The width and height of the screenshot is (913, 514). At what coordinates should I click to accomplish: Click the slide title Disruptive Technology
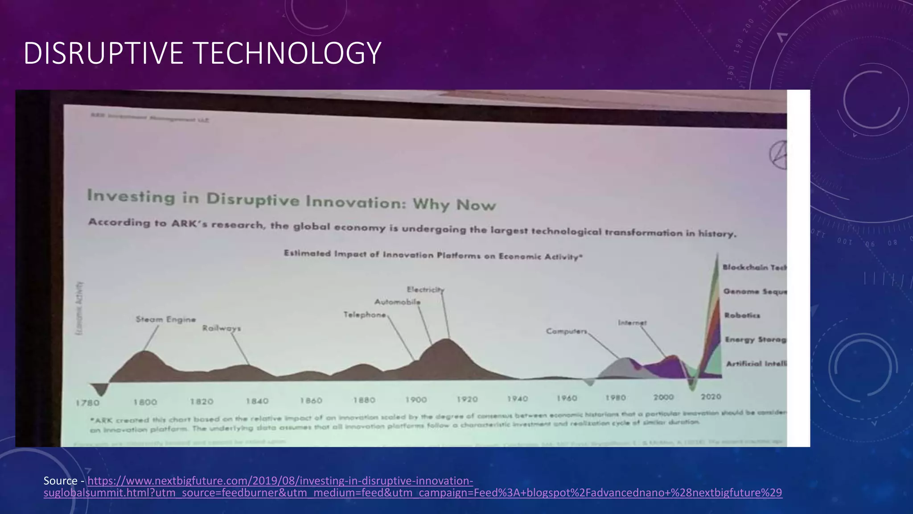[x=202, y=53]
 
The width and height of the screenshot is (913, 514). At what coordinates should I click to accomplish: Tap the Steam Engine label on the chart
[x=166, y=319]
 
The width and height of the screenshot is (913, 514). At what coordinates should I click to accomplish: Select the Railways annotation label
[x=222, y=328]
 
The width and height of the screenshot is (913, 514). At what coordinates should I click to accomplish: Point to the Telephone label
[x=365, y=315]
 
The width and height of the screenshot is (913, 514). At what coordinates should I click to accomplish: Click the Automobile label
[x=397, y=302]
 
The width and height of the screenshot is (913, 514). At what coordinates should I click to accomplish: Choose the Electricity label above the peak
[x=425, y=290]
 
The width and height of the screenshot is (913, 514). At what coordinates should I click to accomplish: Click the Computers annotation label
[x=566, y=331]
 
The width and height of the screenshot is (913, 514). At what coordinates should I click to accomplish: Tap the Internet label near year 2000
[x=632, y=323]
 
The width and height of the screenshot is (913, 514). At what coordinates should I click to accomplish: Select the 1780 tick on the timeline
[x=87, y=403]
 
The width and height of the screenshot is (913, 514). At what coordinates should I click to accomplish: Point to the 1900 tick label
[x=416, y=400]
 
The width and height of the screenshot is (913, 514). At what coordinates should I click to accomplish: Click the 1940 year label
[x=517, y=398]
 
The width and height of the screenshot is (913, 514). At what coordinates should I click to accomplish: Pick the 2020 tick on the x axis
[x=711, y=397]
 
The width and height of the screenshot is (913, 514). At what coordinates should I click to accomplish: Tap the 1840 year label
[x=257, y=401]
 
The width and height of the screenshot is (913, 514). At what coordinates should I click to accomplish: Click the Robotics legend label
[x=742, y=315]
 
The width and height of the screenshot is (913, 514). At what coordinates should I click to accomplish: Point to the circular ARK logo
[x=778, y=155]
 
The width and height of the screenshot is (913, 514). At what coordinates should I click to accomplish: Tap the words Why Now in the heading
[x=454, y=204]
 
